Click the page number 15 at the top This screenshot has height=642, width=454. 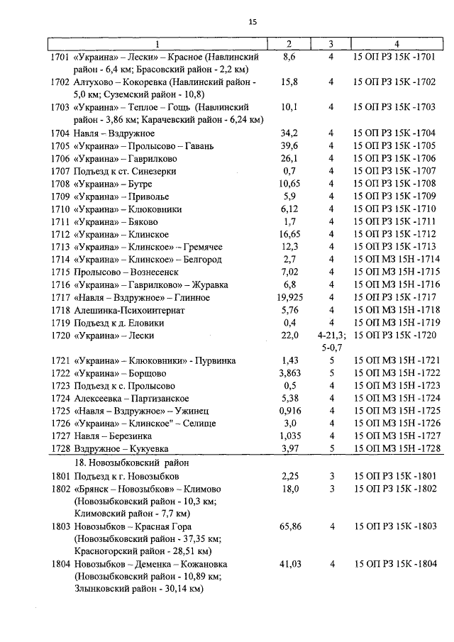click(x=253, y=22)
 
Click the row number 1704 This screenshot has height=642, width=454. click(x=61, y=133)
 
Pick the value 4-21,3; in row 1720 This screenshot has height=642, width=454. click(x=331, y=336)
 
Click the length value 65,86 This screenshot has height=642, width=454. click(x=289, y=526)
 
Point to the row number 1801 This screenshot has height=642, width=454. click(x=61, y=475)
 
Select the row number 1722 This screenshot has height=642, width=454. click(x=61, y=373)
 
